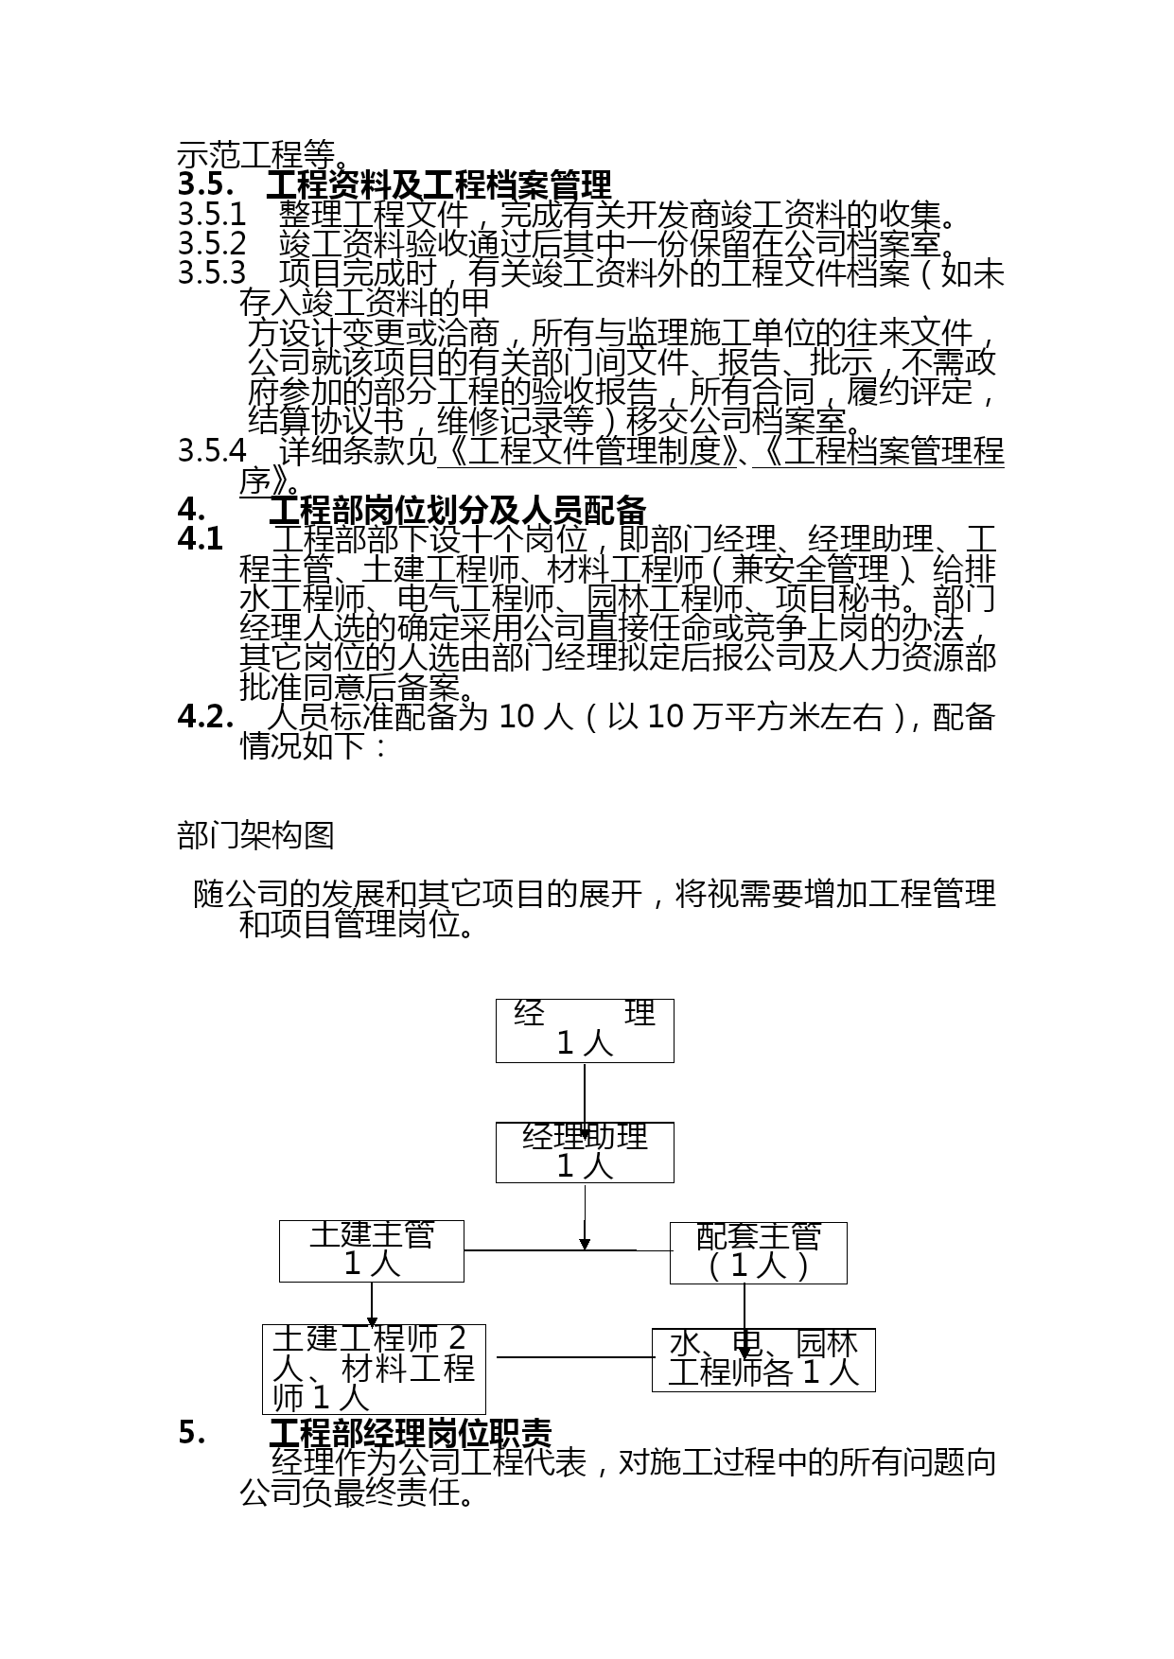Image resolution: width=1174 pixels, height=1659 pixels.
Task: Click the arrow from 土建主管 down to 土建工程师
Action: coord(372,1304)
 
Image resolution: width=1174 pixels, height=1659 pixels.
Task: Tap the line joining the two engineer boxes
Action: coord(575,1357)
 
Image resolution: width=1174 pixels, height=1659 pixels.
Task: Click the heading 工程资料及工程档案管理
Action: coord(439,184)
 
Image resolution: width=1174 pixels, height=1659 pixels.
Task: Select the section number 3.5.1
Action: coord(212,215)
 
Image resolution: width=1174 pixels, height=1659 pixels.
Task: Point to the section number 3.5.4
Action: coord(212,451)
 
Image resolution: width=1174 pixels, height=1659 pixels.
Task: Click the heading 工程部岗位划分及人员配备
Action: coord(458,511)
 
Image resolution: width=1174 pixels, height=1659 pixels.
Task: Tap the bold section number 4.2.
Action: coord(205,717)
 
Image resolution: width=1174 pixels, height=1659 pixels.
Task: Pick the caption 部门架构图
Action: coord(255,835)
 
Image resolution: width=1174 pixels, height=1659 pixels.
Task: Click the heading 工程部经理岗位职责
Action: coord(411,1433)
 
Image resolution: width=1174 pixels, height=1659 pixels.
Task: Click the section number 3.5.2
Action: coord(212,244)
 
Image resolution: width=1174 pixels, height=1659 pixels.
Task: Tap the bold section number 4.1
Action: coord(201,539)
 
